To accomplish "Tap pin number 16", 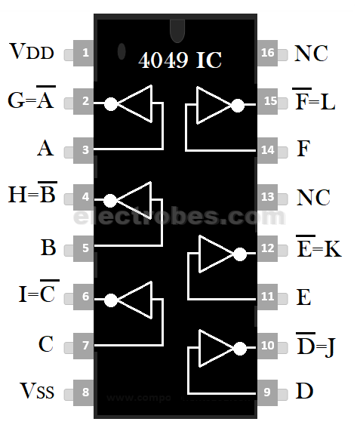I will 268,54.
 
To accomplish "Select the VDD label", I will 31,52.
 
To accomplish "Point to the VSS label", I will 35,391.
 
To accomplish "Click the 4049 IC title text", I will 180,60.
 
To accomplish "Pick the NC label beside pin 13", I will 312,198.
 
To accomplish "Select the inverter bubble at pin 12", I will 240,254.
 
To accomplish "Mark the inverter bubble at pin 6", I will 111,299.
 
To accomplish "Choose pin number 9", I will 268,393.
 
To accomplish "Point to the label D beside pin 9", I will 304,391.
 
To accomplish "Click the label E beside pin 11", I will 303,297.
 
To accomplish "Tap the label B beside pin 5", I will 47,248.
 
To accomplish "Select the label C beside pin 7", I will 46,345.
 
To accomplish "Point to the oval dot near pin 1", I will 121,52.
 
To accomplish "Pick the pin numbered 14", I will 268,149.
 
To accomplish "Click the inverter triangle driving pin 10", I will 212,347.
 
